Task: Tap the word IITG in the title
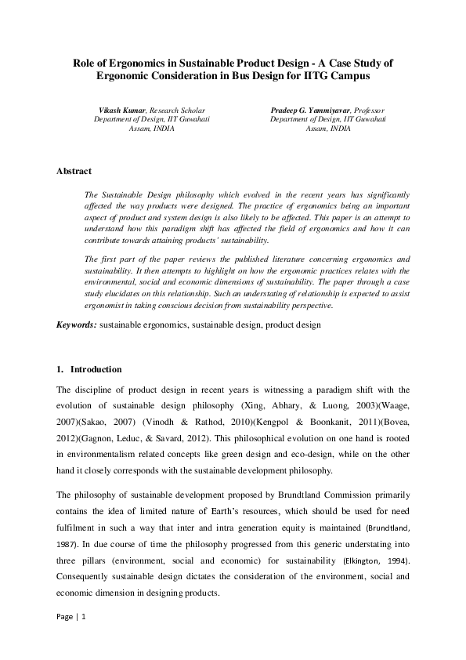point(312,78)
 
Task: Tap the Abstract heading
point(74,171)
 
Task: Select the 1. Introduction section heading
point(89,368)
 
